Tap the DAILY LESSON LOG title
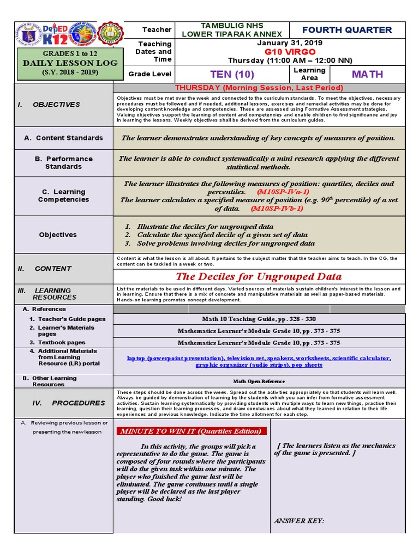coord(62,63)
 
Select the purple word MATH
coord(367,74)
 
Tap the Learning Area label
coord(309,74)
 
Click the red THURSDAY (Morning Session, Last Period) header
coord(259,88)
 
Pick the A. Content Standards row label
coord(63,138)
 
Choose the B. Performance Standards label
coord(63,162)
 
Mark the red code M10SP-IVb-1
coord(278,208)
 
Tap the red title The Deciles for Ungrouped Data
coord(259,276)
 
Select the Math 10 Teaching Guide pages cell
coord(259,319)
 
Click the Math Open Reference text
coord(259,381)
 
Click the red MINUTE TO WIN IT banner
coord(191,431)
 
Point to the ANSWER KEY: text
coord(299,521)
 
